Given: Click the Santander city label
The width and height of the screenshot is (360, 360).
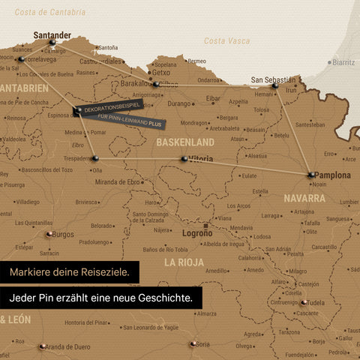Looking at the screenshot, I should tap(52, 34).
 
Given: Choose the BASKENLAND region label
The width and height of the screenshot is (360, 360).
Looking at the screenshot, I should tap(184, 142).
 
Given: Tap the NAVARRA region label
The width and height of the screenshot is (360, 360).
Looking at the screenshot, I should tap(304, 199).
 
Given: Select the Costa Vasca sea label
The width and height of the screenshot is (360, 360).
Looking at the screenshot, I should tap(226, 40).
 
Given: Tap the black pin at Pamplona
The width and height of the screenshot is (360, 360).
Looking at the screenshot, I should tap(310, 175).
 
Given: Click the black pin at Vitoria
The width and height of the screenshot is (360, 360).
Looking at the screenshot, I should tap(184, 159).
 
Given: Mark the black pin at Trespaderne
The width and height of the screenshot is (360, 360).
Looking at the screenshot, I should tap(94, 157).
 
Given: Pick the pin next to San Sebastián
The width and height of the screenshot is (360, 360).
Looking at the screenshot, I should tap(275, 87).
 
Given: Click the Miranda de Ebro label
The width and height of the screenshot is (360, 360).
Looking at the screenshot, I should tap(118, 182).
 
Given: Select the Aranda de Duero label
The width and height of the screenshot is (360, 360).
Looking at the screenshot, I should tap(67, 346).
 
